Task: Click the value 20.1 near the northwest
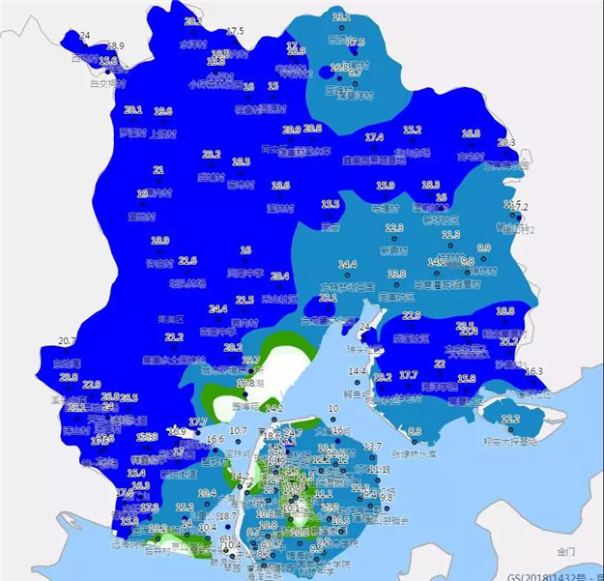pos(133,110)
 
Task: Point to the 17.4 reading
pos(374,137)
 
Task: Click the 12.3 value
pos(393,228)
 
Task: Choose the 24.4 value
pos(218,308)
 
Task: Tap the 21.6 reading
pos(187,261)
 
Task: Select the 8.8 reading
pos(415,431)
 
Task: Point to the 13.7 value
pos(373,446)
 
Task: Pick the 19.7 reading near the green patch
pos(250,361)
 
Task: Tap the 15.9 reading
pos(386,186)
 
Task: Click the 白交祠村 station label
pos(107,83)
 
